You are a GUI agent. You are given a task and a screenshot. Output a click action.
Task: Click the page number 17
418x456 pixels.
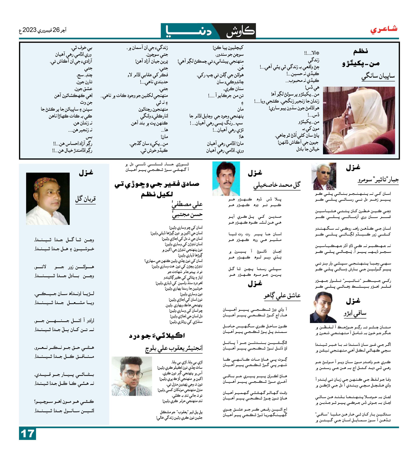click(x=27, y=434)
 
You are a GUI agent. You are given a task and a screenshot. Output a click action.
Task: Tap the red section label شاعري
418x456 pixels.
click(x=384, y=29)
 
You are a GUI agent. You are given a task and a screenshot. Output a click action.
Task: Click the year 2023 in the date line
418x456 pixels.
click(x=29, y=30)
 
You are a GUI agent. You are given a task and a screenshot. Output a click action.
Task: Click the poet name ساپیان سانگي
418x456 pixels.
click(x=378, y=77)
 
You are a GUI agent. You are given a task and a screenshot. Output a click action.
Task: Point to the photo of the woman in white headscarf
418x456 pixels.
click(x=359, y=120)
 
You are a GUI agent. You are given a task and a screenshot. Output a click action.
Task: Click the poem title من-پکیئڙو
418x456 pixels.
click(x=361, y=64)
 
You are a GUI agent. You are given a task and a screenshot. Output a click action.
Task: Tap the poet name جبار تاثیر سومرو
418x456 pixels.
click(x=378, y=180)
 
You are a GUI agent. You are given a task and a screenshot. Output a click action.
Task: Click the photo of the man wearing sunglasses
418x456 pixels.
click(x=324, y=176)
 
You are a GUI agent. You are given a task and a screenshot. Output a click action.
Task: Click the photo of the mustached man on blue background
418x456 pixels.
click(x=226, y=179)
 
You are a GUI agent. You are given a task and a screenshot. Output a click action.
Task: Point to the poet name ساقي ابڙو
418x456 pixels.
click(x=355, y=313)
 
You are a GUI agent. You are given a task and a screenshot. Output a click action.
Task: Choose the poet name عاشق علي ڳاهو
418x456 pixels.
click(x=282, y=296)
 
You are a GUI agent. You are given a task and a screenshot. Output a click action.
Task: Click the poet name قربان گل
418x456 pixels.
click(x=85, y=199)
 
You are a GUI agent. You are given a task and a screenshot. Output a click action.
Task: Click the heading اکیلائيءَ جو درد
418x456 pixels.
click(x=157, y=336)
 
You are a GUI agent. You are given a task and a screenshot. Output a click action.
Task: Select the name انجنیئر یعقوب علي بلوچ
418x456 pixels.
click(x=174, y=348)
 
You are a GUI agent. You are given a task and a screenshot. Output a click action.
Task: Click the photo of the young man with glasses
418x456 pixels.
click(x=132, y=376)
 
